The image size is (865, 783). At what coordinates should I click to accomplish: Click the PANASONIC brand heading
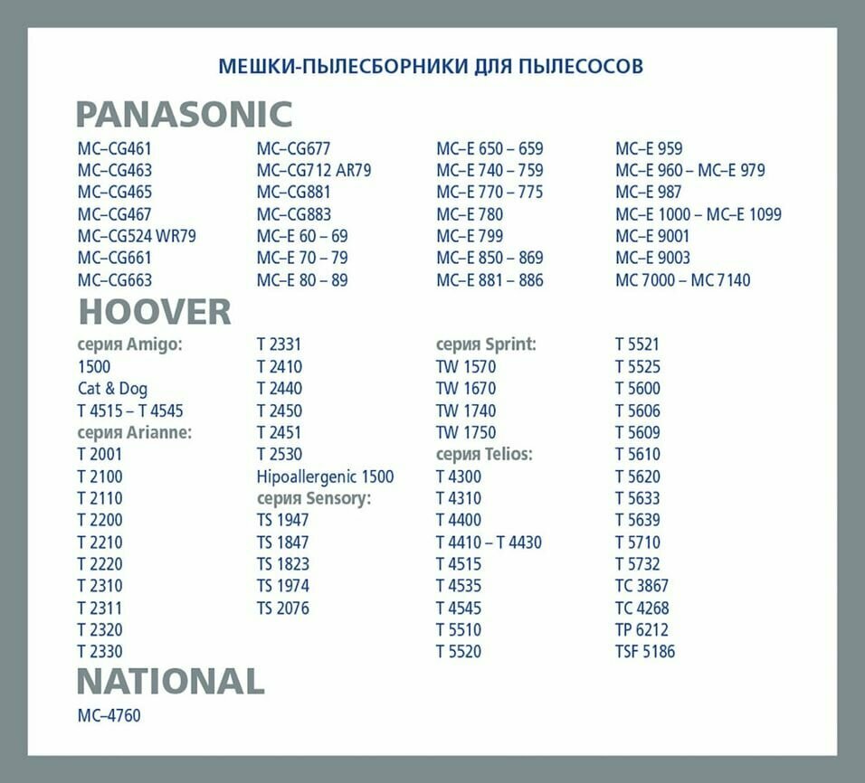click(184, 115)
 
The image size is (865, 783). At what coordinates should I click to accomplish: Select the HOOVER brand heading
click(155, 312)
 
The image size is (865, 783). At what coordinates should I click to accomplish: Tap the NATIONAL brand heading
click(170, 681)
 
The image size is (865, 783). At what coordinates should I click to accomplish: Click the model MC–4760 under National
click(109, 715)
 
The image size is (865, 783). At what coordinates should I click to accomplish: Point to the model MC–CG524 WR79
click(137, 236)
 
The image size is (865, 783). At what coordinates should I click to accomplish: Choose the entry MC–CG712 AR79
click(313, 170)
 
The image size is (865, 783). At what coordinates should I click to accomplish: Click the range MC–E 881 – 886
click(490, 280)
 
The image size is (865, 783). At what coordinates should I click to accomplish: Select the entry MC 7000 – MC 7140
click(682, 280)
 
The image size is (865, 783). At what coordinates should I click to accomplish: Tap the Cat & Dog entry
click(112, 389)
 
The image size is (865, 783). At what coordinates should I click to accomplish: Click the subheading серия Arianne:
click(135, 432)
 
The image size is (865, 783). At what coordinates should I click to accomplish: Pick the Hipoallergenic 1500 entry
click(325, 476)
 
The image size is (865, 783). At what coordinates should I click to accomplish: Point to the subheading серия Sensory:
click(314, 498)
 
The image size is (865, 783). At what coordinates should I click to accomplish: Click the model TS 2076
click(282, 608)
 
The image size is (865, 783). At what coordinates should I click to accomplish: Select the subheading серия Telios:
click(484, 454)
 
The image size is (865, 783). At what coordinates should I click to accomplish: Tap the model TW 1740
click(466, 410)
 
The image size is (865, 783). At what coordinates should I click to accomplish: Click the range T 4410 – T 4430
click(489, 542)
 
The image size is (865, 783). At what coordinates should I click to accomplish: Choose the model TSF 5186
click(645, 651)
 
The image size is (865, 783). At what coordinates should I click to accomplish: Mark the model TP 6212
click(642, 629)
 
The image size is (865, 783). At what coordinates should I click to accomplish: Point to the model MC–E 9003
click(652, 258)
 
